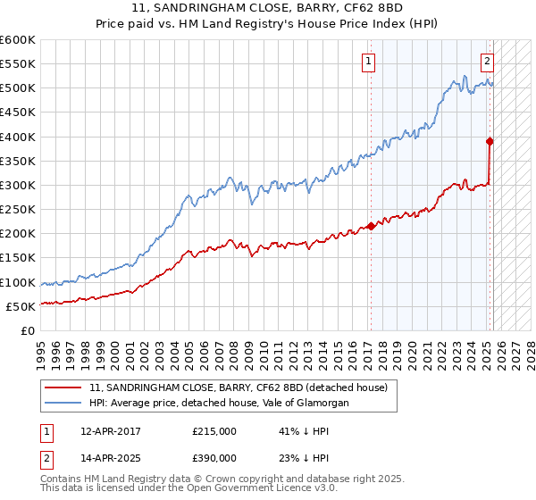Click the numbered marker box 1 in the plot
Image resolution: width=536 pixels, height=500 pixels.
coord(368,62)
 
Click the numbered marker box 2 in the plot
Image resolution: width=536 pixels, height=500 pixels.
coord(487,62)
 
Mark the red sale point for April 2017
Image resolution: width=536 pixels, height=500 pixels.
coord(371,226)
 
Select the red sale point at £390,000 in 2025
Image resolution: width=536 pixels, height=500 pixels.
coord(490,141)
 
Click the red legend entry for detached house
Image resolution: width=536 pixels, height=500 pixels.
coord(238,388)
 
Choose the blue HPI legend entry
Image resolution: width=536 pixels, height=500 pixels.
coord(219,404)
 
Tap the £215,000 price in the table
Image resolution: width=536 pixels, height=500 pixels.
coord(214,430)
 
